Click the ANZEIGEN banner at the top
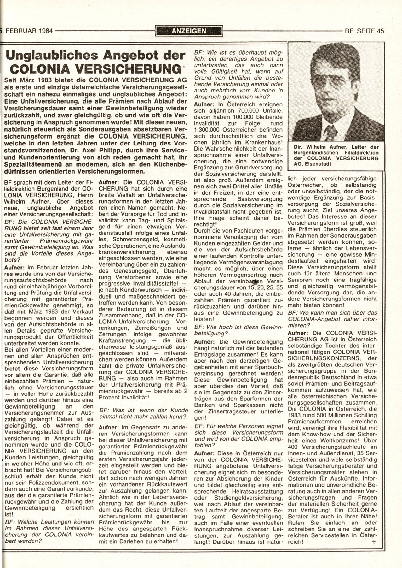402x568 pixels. coord(189,31)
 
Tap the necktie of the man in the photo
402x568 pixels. coord(331,133)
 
